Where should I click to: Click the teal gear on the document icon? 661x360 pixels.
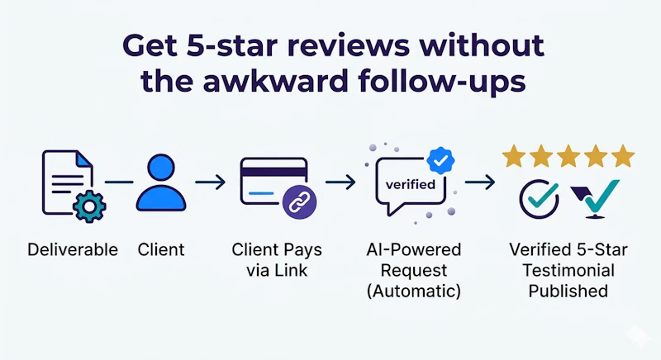89,206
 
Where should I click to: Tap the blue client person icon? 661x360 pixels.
161,182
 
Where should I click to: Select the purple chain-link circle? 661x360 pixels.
299,202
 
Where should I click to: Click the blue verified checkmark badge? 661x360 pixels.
440,160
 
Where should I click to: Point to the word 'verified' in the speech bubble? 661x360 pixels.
410,184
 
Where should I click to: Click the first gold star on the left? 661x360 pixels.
514,156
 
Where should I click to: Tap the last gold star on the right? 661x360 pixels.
623,156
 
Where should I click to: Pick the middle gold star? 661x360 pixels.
568,156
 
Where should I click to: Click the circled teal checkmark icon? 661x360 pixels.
540,199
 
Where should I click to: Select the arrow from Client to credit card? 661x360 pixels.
211,182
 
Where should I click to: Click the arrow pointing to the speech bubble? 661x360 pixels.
340,182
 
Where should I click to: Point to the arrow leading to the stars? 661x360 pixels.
480,182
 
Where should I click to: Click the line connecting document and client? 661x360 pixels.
119,182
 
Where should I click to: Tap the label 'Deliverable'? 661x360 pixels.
73,249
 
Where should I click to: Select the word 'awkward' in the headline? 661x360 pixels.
276,81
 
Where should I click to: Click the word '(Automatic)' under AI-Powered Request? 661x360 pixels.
414,291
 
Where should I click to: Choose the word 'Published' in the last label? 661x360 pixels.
568,291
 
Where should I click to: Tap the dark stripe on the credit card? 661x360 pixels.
273,173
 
